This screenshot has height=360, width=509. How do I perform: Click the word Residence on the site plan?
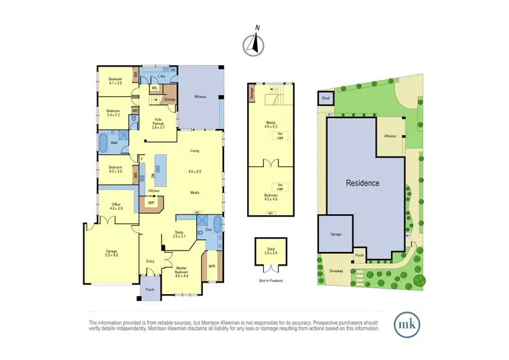coord(362,183)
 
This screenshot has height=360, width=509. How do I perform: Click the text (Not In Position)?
coord(271,280)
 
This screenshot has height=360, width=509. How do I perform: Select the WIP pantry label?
coord(152,202)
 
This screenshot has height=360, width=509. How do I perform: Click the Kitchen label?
coord(154,191)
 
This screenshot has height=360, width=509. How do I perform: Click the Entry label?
coord(151,262)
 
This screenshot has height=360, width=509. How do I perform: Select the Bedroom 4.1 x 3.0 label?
coord(115,82)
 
